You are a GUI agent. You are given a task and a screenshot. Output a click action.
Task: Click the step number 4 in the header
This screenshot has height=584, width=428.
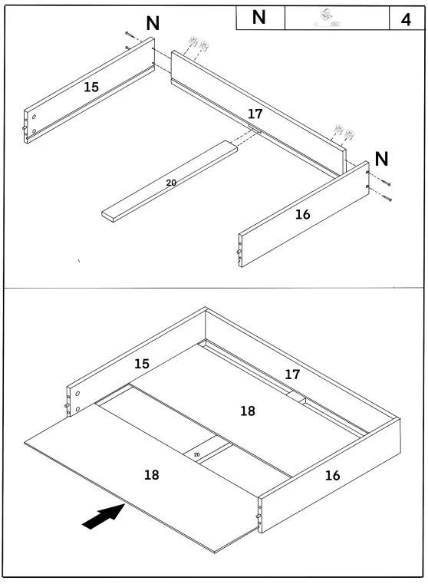tap(406, 19)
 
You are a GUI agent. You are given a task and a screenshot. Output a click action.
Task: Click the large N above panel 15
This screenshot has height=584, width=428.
tap(153, 24)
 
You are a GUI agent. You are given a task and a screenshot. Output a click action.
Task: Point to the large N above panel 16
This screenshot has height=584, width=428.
tap(381, 160)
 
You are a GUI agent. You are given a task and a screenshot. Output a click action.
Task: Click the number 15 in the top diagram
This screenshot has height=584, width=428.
tap(91, 87)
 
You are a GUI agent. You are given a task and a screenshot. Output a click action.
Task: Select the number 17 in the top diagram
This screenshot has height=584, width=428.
tap(255, 114)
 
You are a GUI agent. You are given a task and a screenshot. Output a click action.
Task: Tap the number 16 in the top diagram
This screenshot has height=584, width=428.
tap(303, 214)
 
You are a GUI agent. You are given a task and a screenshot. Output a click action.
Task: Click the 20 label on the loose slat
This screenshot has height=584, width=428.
tap(171, 183)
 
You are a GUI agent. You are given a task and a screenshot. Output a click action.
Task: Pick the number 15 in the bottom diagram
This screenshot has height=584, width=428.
tap(142, 364)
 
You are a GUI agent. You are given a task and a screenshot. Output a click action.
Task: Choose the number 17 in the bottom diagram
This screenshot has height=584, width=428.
tap(292, 374)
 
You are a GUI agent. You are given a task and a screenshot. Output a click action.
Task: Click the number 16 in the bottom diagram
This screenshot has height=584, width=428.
tap(332, 476)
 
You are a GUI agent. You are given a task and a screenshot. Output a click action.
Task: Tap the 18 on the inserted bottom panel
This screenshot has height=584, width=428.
tap(248, 411)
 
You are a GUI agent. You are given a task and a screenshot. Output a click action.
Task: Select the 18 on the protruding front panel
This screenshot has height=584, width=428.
tap(152, 475)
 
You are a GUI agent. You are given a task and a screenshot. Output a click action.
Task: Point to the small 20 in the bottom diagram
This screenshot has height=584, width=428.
tap(197, 455)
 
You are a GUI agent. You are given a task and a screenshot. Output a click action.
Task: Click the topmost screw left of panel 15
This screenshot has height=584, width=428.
tap(127, 35)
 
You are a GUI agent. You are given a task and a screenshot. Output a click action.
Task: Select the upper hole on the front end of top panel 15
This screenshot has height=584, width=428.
tap(35, 117)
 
